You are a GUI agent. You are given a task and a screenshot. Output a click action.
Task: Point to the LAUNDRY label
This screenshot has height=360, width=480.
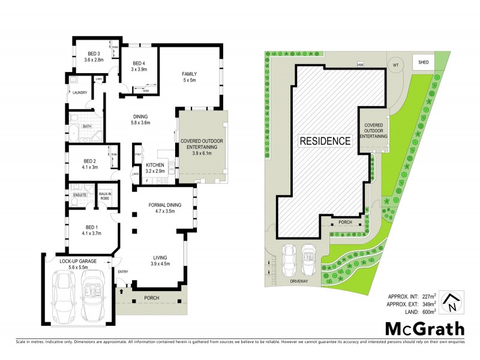click(80, 92)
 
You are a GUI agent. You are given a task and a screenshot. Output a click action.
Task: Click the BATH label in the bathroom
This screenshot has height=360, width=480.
click(86, 127)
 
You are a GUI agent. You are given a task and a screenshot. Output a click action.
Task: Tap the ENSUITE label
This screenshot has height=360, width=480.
click(80, 195)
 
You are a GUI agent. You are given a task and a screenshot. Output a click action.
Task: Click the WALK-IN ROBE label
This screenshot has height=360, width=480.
click(107, 196)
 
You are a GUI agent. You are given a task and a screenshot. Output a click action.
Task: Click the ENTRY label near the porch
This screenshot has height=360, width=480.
click(123, 272)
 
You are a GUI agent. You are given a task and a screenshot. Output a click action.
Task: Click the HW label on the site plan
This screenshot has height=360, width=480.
click(361, 64)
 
